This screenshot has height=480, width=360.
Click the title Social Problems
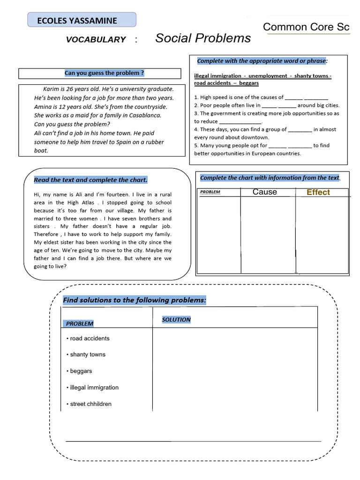[x=202, y=38]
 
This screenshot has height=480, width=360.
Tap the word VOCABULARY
[x=96, y=40]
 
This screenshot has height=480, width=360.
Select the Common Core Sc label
[x=306, y=27]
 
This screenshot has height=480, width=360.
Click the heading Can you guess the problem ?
[x=104, y=73]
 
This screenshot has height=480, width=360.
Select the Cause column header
[x=264, y=192]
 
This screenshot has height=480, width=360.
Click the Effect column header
[x=318, y=192]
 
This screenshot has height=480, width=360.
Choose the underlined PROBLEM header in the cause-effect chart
[x=210, y=192]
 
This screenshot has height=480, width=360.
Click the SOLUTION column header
[x=176, y=320]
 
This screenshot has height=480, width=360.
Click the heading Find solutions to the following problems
[x=135, y=300]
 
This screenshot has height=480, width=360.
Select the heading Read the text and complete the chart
[x=90, y=180]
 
